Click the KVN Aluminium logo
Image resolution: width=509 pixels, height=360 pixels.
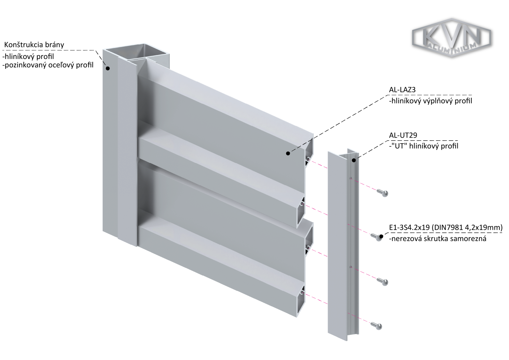click(451, 38)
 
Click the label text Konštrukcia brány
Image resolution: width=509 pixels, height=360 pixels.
click(34, 45)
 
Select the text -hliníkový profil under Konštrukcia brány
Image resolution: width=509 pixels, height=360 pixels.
click(28, 56)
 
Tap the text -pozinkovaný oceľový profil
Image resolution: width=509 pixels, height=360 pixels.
click(48, 65)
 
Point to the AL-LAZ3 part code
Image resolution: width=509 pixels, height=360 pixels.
click(402, 90)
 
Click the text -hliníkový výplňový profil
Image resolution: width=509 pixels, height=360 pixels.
click(430, 101)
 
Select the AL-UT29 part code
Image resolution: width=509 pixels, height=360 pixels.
click(403, 135)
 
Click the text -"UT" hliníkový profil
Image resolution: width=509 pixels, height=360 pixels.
click(424, 146)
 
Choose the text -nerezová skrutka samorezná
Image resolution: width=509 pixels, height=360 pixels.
click(437, 239)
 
